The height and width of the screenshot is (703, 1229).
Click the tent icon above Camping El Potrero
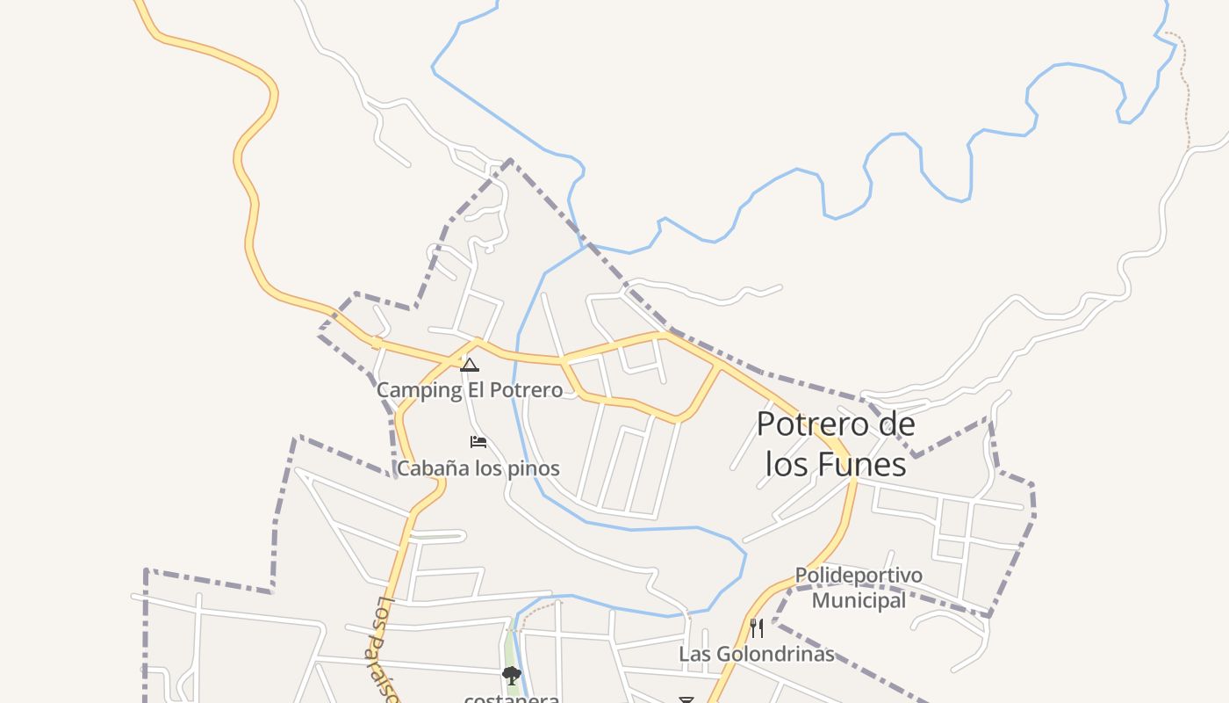point(470,365)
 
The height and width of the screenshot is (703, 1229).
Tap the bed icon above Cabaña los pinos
point(478,441)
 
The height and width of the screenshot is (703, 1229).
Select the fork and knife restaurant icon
point(757,627)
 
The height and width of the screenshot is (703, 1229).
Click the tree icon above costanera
point(511,676)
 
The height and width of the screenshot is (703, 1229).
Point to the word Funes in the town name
point(863,464)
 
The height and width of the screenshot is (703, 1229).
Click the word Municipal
point(859,600)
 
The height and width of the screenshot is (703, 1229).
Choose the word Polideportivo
point(859,576)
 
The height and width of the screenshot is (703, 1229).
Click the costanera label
point(512,699)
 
